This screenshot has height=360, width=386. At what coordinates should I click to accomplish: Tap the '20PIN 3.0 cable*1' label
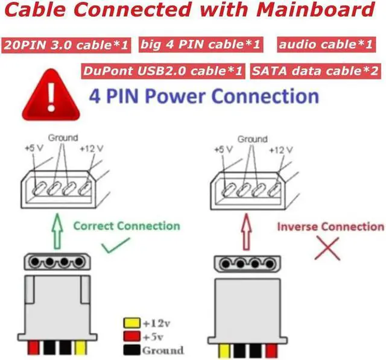(x=66, y=45)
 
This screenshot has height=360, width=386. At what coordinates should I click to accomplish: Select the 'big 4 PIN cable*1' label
(x=201, y=44)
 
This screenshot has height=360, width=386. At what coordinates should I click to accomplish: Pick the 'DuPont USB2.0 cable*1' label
(x=163, y=71)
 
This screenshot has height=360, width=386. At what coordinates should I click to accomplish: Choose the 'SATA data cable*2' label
(x=316, y=71)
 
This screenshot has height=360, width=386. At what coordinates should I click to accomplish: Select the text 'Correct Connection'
(x=127, y=226)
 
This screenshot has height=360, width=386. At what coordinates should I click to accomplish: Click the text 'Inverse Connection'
(x=331, y=227)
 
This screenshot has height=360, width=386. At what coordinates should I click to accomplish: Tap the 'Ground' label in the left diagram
(x=63, y=138)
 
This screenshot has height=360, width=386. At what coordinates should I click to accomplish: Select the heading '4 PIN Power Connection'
(x=204, y=96)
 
